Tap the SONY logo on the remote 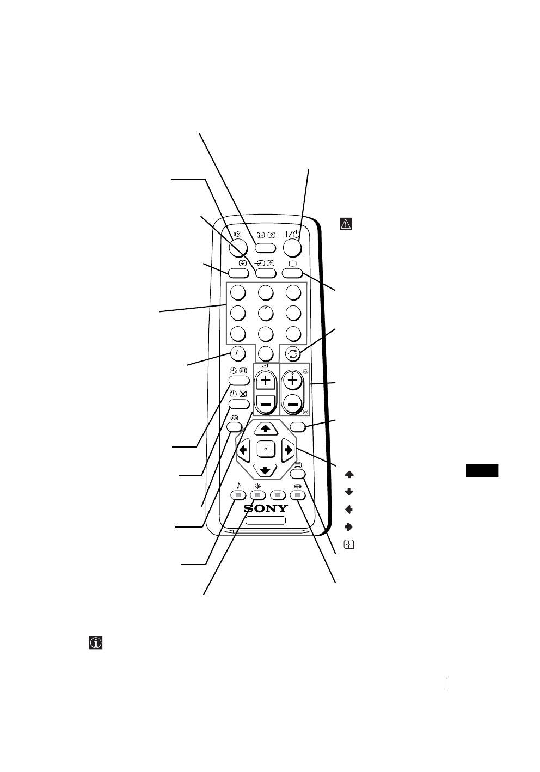[266, 509]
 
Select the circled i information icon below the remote [96, 642]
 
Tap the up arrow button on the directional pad [266, 428]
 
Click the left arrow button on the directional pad [243, 450]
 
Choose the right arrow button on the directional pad [288, 450]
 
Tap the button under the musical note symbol [238, 495]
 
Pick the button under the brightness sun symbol [258, 495]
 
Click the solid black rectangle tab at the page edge [482, 470]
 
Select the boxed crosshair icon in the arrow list [349, 544]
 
